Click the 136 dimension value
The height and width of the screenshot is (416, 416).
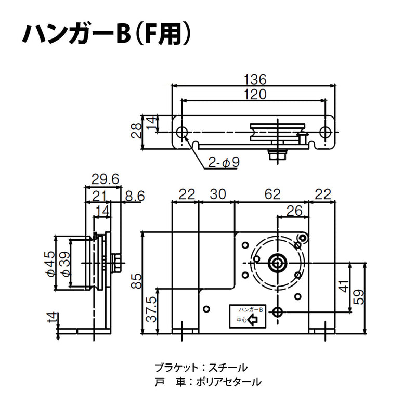pyautogui.click(x=255, y=80)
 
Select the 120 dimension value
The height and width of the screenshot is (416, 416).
pyautogui.click(x=255, y=94)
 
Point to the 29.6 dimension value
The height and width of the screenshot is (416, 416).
pyautogui.click(x=105, y=179)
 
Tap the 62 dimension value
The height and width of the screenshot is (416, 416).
pyautogui.click(x=272, y=194)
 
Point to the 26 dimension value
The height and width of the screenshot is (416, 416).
pyautogui.click(x=294, y=211)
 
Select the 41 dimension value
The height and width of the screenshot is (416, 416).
pyautogui.click(x=344, y=287)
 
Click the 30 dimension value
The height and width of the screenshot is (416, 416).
pyautogui.click(x=217, y=194)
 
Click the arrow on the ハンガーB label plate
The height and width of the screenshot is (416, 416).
pyautogui.click(x=254, y=321)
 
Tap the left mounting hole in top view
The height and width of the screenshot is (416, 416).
pyautogui.click(x=183, y=132)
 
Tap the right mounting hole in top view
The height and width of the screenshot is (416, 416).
pyautogui.click(x=326, y=132)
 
